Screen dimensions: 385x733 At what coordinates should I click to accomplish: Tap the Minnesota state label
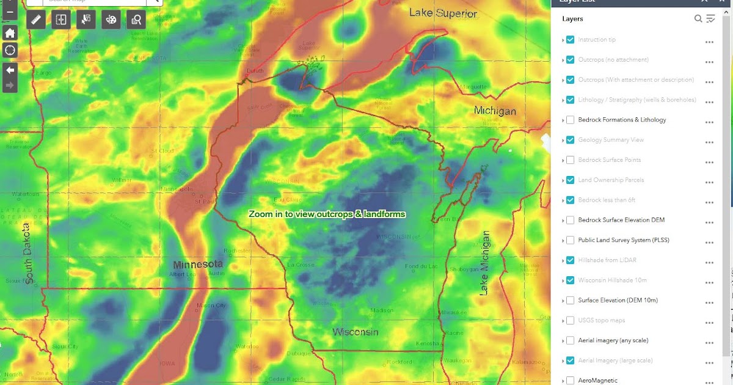(x=198, y=265)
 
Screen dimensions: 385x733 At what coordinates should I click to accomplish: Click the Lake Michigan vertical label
(x=486, y=263)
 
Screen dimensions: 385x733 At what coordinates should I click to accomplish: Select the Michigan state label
(x=495, y=111)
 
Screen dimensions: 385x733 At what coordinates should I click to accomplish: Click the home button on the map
(x=10, y=33)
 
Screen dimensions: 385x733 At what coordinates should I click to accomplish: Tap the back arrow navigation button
(x=10, y=69)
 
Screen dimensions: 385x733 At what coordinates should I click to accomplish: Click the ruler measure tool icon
(x=35, y=20)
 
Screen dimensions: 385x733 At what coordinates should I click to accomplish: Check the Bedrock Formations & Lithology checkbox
(x=570, y=120)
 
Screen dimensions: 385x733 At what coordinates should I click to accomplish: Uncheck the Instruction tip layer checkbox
(x=570, y=40)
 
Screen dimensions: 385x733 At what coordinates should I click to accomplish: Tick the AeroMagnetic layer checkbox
(x=570, y=380)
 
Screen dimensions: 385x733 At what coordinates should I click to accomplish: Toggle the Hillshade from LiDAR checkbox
(x=570, y=260)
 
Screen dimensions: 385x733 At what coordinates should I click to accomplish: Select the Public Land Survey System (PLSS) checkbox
(x=570, y=240)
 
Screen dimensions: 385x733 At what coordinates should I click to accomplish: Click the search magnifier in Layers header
(x=698, y=19)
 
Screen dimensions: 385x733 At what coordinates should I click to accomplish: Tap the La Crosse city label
(x=300, y=265)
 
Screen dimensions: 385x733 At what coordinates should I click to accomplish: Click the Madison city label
(x=382, y=310)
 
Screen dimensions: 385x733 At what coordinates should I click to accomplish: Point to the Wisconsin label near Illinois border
(x=355, y=332)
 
